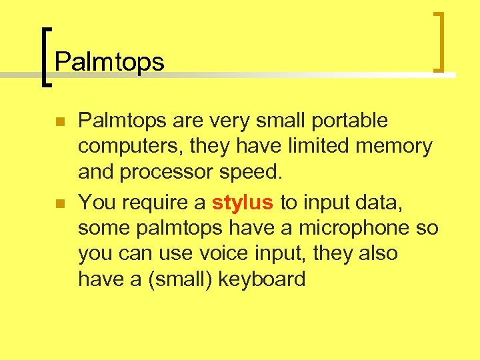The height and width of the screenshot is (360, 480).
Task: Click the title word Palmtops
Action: click(109, 62)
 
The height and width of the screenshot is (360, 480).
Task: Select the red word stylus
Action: click(243, 203)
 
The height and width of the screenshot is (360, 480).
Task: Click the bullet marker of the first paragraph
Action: click(59, 122)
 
